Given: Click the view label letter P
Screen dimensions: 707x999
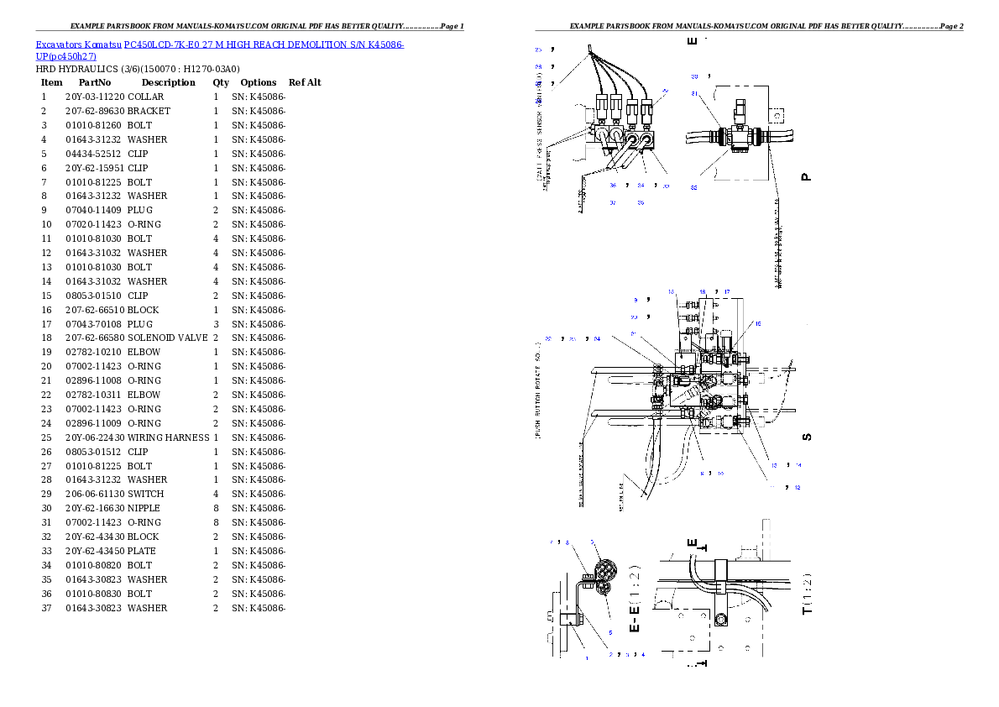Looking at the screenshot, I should tap(806, 177).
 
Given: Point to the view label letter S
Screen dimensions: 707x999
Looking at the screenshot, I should tap(806, 437).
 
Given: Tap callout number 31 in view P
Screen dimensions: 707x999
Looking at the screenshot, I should tap(694, 93).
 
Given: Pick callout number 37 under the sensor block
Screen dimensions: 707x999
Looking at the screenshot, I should tap(613, 202).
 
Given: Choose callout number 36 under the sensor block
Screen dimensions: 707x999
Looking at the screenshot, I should tap(613, 186).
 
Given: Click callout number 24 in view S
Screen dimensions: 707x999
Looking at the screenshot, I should tap(597, 339).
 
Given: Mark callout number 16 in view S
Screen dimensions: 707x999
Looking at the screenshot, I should tap(758, 323).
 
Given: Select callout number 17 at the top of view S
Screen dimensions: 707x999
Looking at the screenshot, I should tap(727, 292).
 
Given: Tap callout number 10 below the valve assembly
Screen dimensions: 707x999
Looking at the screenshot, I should tap(721, 474).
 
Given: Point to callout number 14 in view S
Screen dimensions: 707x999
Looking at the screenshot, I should tap(798, 465).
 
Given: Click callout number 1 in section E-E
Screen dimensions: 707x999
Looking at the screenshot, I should tap(586, 659).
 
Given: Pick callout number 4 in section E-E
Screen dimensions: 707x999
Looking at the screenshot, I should tap(643, 653).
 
